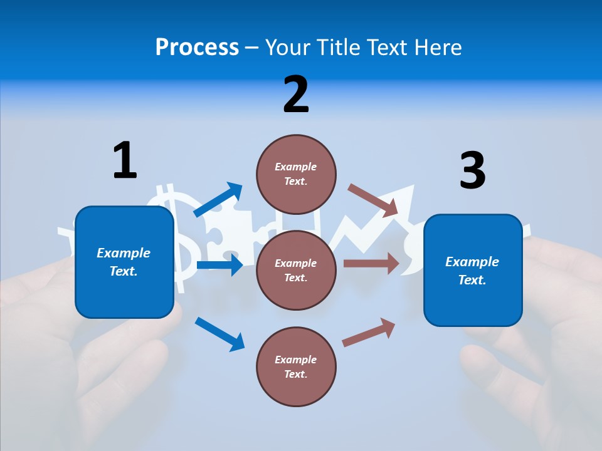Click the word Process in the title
point(197,47)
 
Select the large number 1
point(125,160)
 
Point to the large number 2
point(296,95)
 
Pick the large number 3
point(472,170)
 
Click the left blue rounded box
point(124,262)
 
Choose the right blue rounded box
point(473,271)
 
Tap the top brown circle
point(296,174)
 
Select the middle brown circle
point(296,270)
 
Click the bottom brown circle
point(296,366)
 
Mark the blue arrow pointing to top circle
point(218,200)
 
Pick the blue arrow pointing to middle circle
point(219,265)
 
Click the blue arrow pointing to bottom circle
point(219,334)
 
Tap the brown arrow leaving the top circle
point(374,200)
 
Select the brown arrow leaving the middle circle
point(371,263)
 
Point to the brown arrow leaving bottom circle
point(369,332)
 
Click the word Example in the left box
point(124,253)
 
